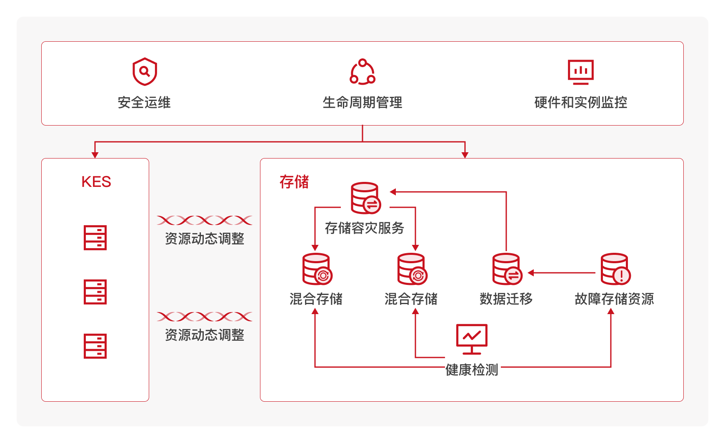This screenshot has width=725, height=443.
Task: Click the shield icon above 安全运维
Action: tap(145, 72)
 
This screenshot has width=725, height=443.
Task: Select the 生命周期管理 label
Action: tap(362, 103)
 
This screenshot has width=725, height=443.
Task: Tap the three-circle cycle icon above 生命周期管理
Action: tap(362, 72)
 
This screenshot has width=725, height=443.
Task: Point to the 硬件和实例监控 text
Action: tap(580, 103)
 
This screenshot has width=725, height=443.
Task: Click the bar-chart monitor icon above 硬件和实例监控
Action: tap(580, 72)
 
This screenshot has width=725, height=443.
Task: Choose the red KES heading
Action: tap(96, 182)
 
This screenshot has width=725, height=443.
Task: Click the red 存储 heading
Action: tap(294, 182)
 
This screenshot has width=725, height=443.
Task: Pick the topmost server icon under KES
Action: tap(95, 238)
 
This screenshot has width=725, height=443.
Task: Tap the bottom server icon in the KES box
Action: tap(95, 346)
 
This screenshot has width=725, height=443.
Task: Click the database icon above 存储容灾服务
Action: tap(365, 198)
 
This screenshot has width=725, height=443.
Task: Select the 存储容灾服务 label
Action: tap(365, 228)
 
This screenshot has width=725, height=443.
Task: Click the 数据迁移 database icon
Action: tap(507, 269)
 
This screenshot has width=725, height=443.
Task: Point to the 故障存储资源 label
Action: tap(614, 299)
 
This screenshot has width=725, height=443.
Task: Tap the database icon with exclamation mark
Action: tap(615, 269)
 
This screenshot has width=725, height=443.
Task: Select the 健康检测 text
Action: tap(472, 370)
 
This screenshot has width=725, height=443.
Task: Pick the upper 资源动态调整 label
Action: tap(205, 239)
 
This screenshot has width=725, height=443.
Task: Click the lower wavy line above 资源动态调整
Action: tap(205, 317)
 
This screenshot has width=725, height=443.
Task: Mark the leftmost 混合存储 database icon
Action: tap(317, 269)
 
